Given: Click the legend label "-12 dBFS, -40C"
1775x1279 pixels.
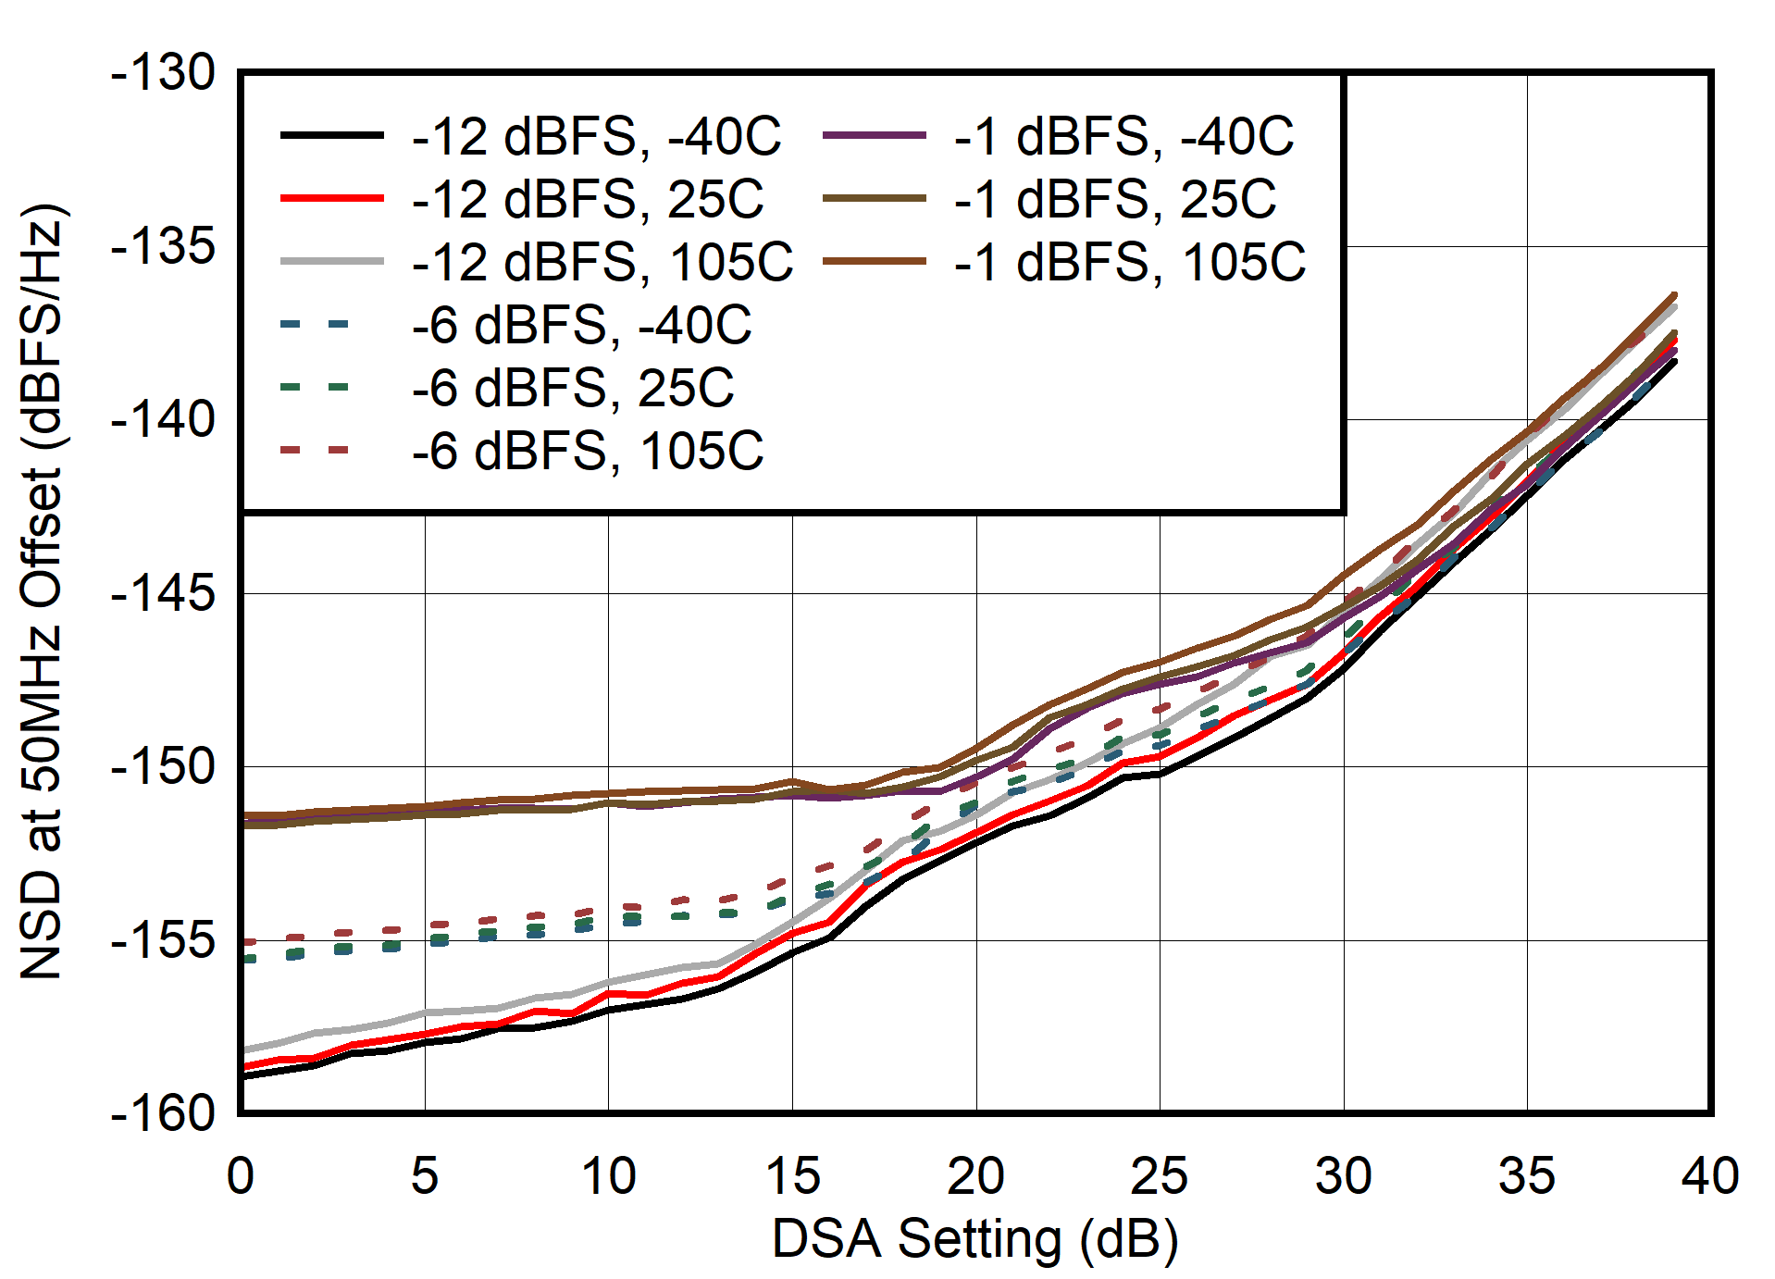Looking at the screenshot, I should click(597, 136).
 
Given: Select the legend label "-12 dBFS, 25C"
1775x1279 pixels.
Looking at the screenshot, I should click(588, 199).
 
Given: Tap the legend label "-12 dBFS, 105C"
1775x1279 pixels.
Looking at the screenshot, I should click(602, 262).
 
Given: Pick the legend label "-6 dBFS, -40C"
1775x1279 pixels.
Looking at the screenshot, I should click(582, 325).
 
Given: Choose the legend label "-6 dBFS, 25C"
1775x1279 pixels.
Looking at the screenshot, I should click(573, 388).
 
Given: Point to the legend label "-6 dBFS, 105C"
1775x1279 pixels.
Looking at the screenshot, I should click(588, 451).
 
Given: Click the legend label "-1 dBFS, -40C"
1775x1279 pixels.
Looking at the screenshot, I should click(1123, 136).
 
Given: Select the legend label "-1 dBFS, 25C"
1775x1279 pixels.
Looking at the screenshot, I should click(1115, 199).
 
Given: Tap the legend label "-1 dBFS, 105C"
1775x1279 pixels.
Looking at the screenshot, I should click(1130, 262).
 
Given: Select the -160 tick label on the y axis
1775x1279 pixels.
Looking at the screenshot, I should click(163, 1112).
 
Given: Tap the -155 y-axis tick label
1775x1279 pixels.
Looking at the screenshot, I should click(163, 940).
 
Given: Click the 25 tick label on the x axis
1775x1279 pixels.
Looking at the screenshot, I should click(1159, 1176).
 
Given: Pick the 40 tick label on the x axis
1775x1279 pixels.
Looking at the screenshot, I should click(1710, 1176).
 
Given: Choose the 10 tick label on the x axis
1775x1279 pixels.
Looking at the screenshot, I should click(608, 1176).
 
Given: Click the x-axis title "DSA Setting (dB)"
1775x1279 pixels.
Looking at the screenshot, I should click(975, 1239).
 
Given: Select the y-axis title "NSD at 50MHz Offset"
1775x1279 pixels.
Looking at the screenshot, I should click(42, 592).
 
